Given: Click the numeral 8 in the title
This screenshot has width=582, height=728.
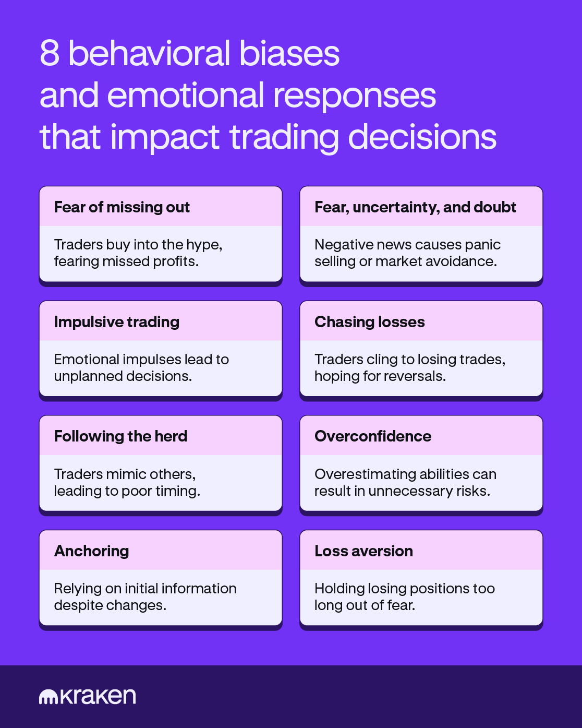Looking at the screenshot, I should [x=50, y=53].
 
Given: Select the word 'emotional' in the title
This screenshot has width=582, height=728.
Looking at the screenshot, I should [x=186, y=96].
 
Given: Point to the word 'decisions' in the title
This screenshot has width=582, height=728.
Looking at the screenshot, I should [x=422, y=137].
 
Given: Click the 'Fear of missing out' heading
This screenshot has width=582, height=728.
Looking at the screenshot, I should [x=122, y=207].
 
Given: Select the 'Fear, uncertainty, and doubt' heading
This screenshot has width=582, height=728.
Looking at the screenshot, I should [x=415, y=207].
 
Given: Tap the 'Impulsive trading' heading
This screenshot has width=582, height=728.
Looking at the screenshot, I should [x=116, y=322].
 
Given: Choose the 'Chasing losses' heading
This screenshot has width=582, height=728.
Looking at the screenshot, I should [x=369, y=322].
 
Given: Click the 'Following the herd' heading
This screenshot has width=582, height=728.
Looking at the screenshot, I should [x=120, y=436].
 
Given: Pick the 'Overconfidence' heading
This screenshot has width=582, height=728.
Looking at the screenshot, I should [x=372, y=436].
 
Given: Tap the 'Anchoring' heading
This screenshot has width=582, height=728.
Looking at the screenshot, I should [x=91, y=551].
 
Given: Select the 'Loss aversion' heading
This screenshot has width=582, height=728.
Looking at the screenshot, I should [x=363, y=551].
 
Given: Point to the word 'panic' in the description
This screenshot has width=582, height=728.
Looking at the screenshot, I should [x=482, y=245].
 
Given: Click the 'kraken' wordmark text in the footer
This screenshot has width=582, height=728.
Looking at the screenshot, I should [x=98, y=696].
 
